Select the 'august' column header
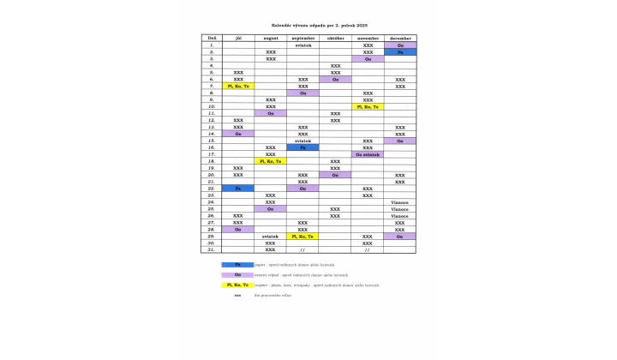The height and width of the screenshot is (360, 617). (270, 39)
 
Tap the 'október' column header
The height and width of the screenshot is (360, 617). (335, 39)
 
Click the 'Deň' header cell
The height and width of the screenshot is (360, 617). (211, 39)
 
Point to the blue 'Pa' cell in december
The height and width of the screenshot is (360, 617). (400, 52)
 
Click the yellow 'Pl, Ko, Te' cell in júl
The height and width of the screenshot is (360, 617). (238, 87)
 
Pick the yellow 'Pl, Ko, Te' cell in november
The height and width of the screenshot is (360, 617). (368, 107)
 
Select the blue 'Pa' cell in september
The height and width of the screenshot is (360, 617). (303, 147)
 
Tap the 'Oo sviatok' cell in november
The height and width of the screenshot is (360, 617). (368, 154)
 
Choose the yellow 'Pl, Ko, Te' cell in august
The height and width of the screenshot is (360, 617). (270, 161)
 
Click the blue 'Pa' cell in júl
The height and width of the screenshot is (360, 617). (238, 188)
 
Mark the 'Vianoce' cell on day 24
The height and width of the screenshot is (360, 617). (400, 201)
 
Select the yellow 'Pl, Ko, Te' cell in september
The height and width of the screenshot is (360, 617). (303, 236)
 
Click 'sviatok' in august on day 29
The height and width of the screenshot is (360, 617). (270, 236)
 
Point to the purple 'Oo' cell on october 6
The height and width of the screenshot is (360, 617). (335, 80)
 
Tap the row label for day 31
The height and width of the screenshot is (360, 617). (211, 249)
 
